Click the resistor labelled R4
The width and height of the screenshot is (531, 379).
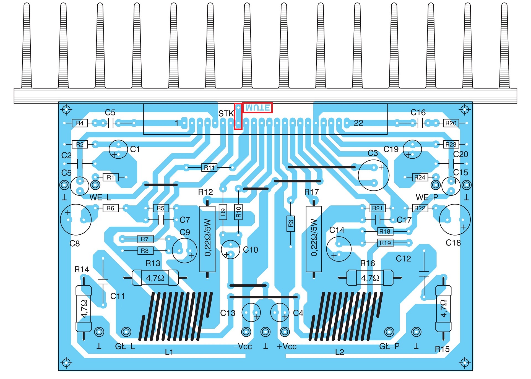tap(80, 123)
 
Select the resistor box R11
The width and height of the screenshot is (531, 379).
tap(209, 168)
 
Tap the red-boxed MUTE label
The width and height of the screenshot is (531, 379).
tap(257, 108)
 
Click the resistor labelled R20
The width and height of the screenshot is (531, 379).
tap(451, 123)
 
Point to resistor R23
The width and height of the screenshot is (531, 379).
tap(451, 144)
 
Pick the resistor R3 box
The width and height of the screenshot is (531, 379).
tap(291, 223)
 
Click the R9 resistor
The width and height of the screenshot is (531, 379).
tap(223, 212)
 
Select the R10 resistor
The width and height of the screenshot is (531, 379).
tap(238, 212)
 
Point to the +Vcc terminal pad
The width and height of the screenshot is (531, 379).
tap(285, 332)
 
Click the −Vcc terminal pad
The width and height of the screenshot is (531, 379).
tap(246, 332)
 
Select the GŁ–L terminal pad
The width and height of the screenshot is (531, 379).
tap(126, 332)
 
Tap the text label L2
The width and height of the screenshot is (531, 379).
tap(340, 352)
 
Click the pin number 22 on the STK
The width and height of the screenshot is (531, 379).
tap(358, 123)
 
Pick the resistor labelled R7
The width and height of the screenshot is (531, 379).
tap(145, 239)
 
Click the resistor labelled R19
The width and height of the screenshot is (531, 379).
tap(385, 243)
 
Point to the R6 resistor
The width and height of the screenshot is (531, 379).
tap(110, 208)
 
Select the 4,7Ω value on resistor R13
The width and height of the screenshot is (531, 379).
tap(155, 278)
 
